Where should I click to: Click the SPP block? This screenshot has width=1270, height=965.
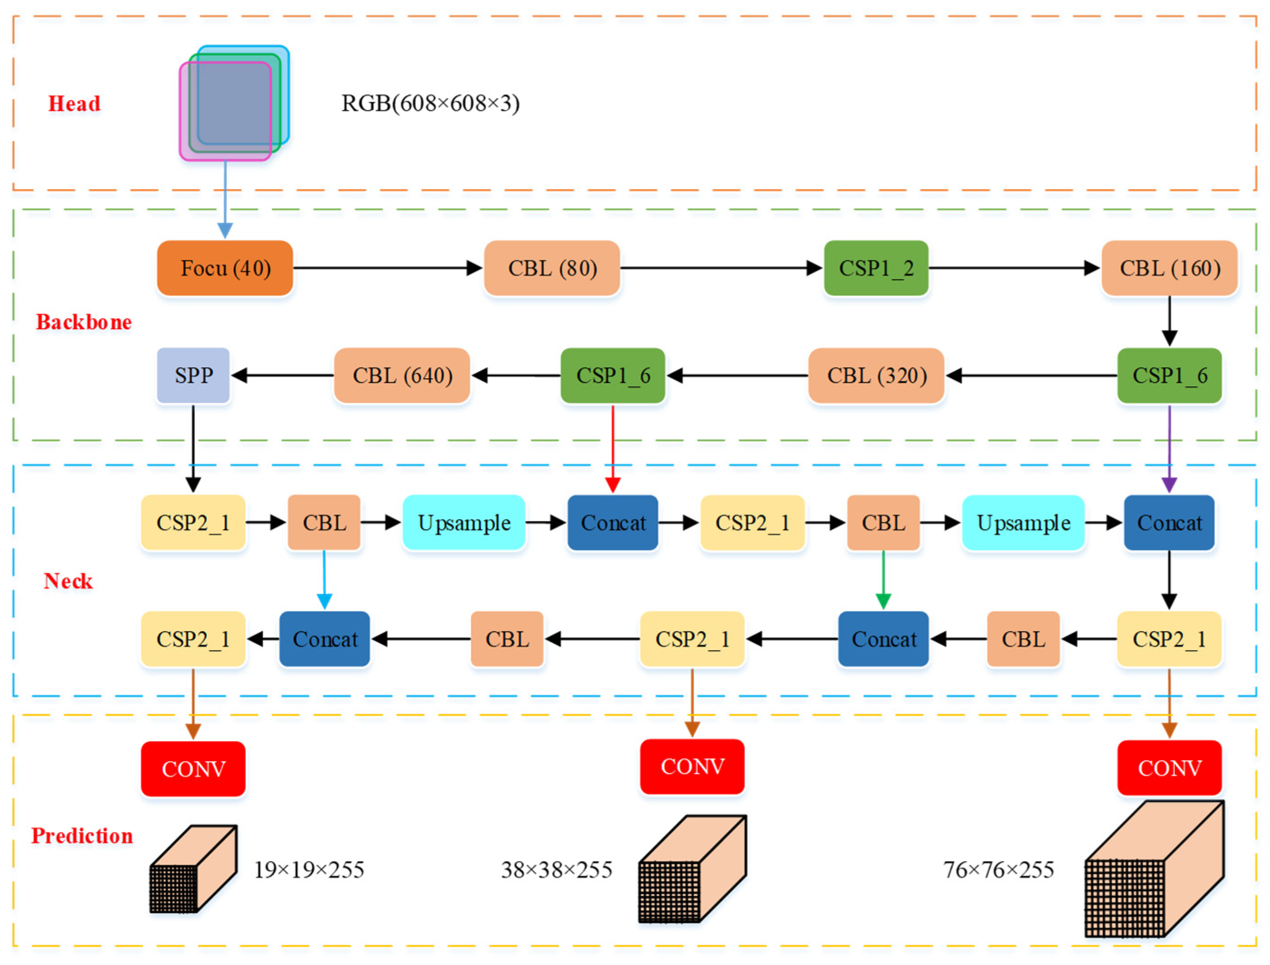tap(193, 375)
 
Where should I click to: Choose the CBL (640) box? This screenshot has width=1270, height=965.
tap(402, 375)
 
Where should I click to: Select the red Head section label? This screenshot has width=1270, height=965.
tap(74, 104)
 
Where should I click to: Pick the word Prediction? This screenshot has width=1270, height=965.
tap(82, 836)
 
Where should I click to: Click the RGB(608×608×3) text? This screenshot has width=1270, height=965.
tap(430, 104)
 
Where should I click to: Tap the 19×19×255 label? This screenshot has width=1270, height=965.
tap(309, 870)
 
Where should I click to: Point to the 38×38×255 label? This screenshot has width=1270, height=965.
tap(556, 870)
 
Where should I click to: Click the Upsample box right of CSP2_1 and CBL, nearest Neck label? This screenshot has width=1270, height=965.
tap(464, 523)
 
